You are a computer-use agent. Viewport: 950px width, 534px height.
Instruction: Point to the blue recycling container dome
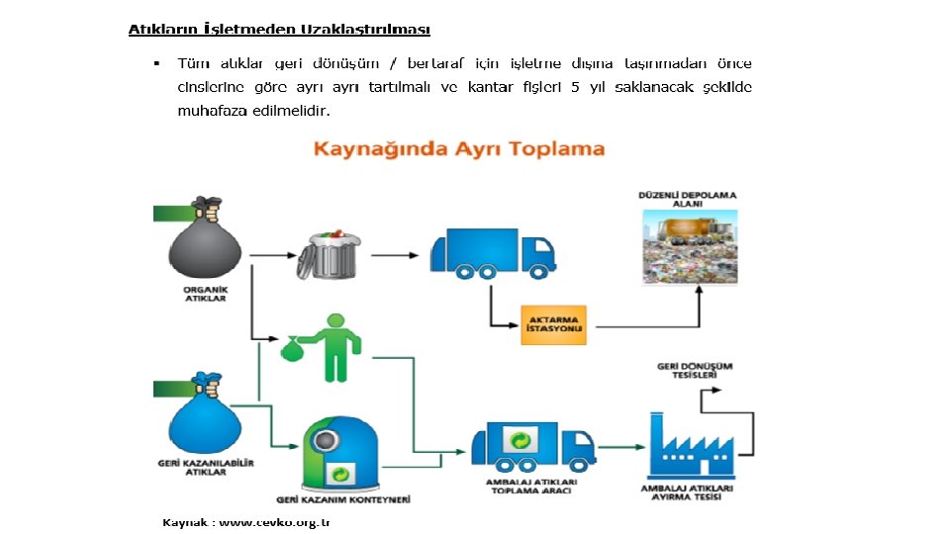[x=339, y=450]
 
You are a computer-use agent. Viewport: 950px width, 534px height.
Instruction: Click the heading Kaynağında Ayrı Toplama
[x=459, y=149]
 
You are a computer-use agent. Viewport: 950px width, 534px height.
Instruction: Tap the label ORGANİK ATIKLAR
[x=206, y=294]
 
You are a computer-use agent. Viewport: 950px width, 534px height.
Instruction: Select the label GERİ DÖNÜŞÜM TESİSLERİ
[x=695, y=371]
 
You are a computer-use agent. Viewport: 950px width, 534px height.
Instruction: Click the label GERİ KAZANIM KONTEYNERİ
[x=344, y=500]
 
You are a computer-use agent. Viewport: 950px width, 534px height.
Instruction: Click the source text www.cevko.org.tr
[x=273, y=521]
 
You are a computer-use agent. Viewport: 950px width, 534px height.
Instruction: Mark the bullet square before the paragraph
[x=156, y=64]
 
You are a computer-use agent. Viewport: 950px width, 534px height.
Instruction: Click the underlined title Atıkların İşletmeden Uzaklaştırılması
[x=279, y=30]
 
